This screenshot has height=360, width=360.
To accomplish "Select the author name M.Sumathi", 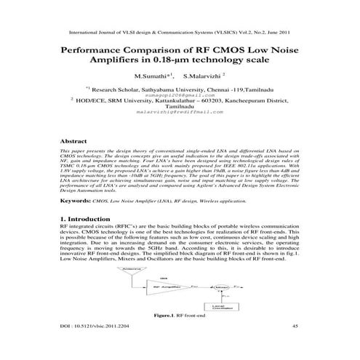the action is (x=150, y=76).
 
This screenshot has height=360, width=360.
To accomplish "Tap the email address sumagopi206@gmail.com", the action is (x=178, y=94).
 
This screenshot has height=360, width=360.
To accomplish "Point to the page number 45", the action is (x=295, y=347).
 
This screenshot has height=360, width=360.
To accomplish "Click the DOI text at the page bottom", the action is (x=90, y=347).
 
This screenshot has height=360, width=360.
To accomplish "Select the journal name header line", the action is (x=179, y=33).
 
